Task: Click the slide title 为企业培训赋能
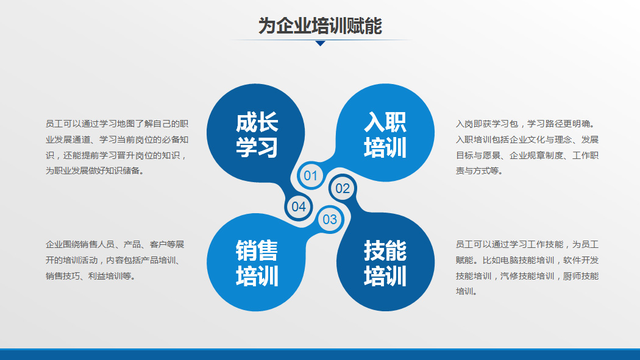point(320,26)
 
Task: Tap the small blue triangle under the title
point(321,43)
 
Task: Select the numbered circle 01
point(311,175)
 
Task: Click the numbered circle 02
point(343,188)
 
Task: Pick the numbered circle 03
point(330,219)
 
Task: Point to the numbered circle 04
point(299,206)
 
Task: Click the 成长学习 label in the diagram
point(257,135)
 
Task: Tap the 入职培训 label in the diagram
point(385,135)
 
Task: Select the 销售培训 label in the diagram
point(257,263)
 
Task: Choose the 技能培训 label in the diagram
point(385,263)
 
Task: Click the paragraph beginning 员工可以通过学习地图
point(117,147)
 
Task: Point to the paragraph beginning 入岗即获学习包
point(527,147)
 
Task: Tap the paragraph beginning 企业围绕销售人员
point(115,260)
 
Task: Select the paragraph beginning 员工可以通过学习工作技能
point(527,268)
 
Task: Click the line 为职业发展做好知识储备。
point(95,171)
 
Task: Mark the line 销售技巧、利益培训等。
point(91,276)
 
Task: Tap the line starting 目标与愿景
point(527,155)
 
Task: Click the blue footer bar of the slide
point(320,355)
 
